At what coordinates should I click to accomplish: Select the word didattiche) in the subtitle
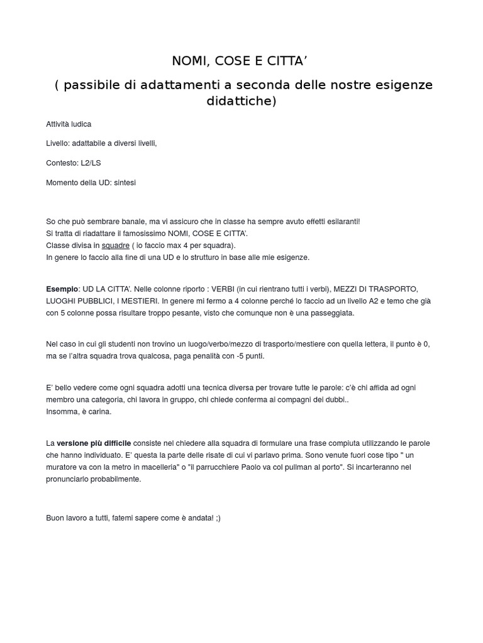241,100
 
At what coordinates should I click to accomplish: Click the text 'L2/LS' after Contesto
91,163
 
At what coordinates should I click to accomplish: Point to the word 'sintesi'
125,183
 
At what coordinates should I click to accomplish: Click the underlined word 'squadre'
116,246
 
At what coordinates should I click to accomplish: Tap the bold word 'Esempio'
62,289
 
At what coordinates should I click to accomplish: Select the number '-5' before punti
240,356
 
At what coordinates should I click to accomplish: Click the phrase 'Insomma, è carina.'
79,411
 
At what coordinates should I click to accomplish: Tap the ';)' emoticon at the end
216,518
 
